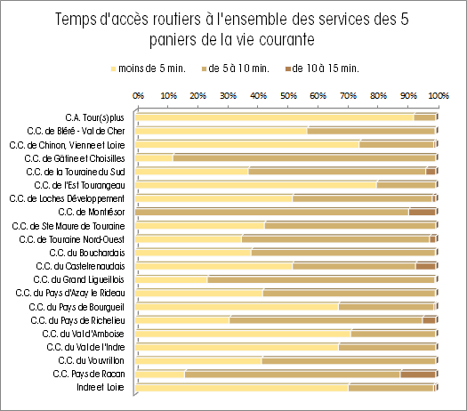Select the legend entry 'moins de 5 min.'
pyautogui.click(x=148, y=68)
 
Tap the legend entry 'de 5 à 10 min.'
pyautogui.click(x=236, y=68)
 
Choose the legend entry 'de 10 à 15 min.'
pyautogui.click(x=322, y=68)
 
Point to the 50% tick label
pyautogui.click(x=288, y=95)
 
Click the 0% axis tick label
pyautogui.click(x=138, y=95)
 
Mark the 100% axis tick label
pyautogui.click(x=439, y=95)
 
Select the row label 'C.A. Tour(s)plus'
pyautogui.click(x=94, y=117)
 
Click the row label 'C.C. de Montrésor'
pyautogui.click(x=92, y=212)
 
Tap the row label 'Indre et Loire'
pyautogui.click(x=101, y=387)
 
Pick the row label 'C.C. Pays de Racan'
pyautogui.click(x=89, y=374)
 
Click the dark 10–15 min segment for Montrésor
pyautogui.click(x=423, y=212)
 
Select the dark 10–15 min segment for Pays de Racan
pyautogui.click(x=418, y=375)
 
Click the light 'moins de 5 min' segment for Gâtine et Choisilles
pyautogui.click(x=154, y=157)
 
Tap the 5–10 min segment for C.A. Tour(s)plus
pyautogui.click(x=424, y=117)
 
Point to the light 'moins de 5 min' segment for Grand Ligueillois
pyautogui.click(x=172, y=279)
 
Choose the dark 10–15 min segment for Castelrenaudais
pyautogui.click(x=426, y=266)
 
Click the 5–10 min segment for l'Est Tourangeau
pyautogui.click(x=407, y=185)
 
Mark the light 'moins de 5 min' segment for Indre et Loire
pyautogui.click(x=242, y=388)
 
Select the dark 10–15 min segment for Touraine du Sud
pyautogui.click(x=431, y=172)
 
